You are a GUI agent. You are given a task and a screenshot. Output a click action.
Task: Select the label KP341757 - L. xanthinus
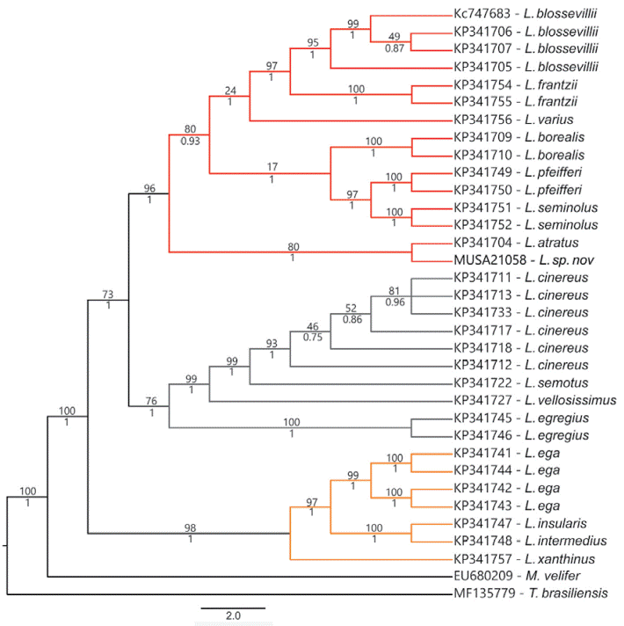(521, 559)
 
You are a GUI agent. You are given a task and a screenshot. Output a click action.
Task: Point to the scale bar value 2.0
(232, 615)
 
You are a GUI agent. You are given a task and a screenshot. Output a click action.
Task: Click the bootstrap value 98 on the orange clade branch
(189, 527)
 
